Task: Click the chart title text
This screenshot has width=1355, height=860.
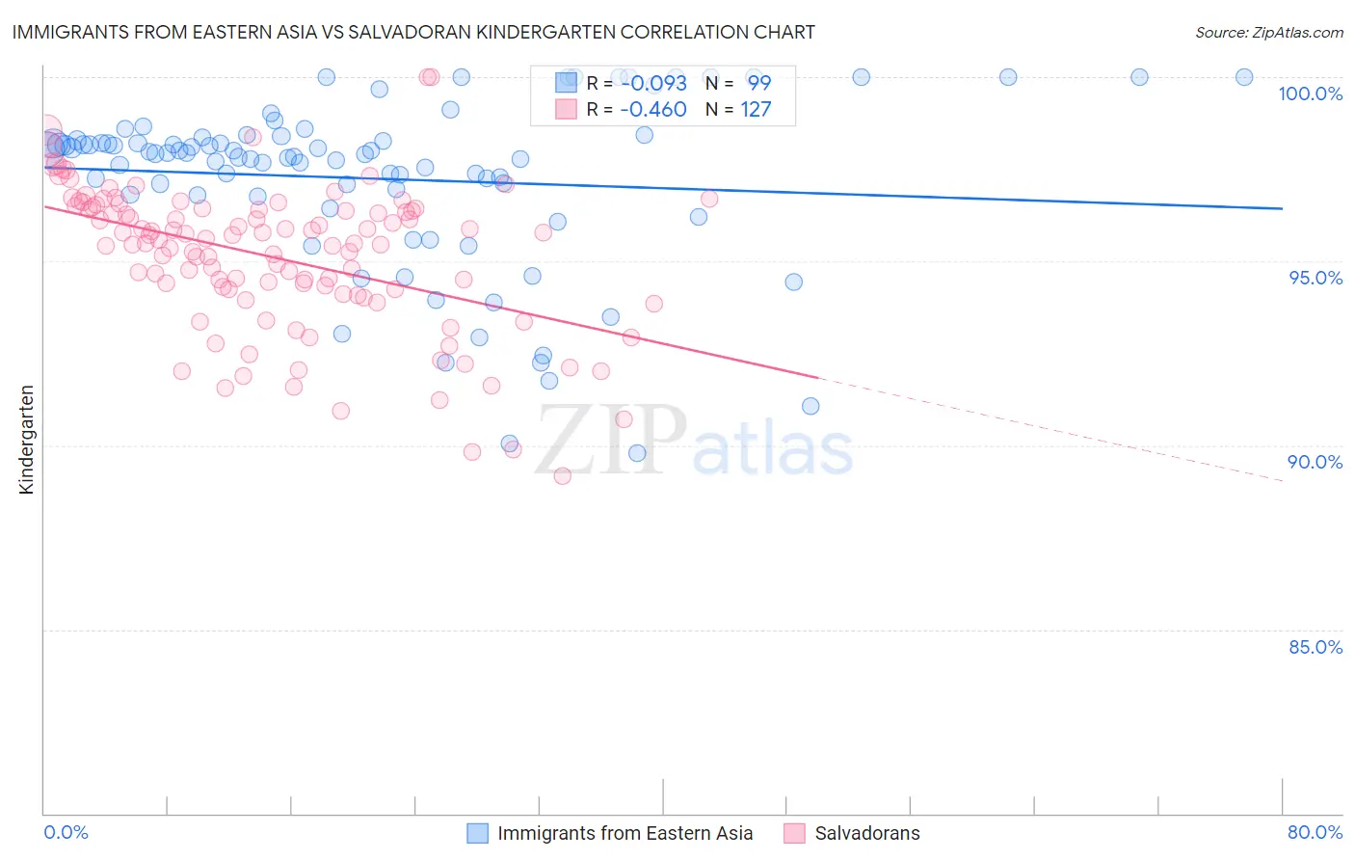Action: (x=413, y=32)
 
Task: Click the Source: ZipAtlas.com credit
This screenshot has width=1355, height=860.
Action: (x=1268, y=33)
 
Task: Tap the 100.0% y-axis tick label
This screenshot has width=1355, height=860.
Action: (x=1310, y=94)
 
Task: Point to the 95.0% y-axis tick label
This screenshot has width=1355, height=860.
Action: (x=1315, y=278)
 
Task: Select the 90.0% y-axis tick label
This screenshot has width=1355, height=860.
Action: (x=1315, y=462)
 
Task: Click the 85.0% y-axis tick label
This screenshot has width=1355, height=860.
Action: (x=1315, y=647)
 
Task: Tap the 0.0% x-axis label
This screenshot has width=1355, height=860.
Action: (x=66, y=832)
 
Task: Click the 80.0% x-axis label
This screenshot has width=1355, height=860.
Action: (x=1315, y=832)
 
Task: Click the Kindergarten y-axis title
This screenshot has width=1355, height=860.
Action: (x=26, y=440)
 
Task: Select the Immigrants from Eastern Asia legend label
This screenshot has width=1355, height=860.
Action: (x=624, y=833)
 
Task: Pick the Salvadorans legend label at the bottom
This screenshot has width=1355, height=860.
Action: (x=866, y=833)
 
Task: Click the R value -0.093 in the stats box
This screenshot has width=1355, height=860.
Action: (x=652, y=83)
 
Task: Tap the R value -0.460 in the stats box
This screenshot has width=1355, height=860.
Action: (x=652, y=110)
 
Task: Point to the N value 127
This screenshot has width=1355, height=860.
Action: (x=756, y=110)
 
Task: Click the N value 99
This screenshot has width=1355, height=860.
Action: (x=759, y=83)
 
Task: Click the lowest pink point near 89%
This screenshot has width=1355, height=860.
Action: (x=562, y=475)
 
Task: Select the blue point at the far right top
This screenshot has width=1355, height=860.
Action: (x=1244, y=77)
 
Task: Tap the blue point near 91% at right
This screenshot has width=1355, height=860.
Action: (x=810, y=406)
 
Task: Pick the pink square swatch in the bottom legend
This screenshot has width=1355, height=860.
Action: (x=794, y=833)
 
